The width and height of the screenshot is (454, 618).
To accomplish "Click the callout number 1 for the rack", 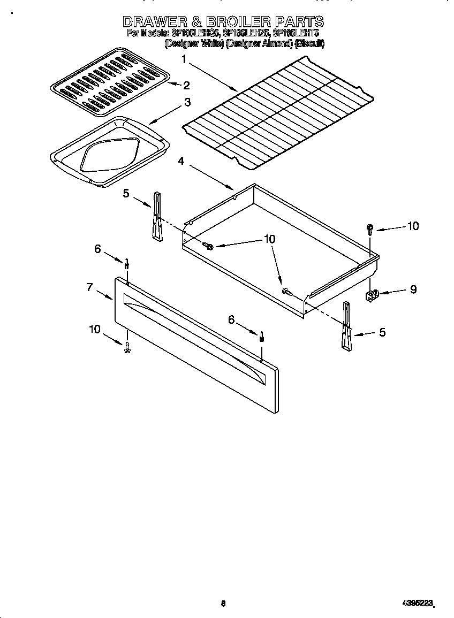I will point(185,60).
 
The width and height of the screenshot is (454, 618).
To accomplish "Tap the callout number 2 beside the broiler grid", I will point(186,86).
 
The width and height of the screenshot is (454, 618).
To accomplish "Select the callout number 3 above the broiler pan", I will point(187,102).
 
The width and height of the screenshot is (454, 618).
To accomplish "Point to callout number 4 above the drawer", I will point(181,161).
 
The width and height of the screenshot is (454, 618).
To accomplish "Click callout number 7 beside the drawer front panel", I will point(90,287).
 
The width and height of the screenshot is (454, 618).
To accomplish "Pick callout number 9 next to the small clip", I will point(413,289).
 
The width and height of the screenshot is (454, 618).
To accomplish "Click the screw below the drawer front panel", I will point(127,348).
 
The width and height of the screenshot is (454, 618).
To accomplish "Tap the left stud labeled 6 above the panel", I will point(127,263).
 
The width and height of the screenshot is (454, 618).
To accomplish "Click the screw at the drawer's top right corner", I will point(369,228).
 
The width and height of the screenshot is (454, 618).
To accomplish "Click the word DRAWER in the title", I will point(155,22).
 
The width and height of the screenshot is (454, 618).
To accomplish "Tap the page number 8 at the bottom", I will point(223,604).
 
